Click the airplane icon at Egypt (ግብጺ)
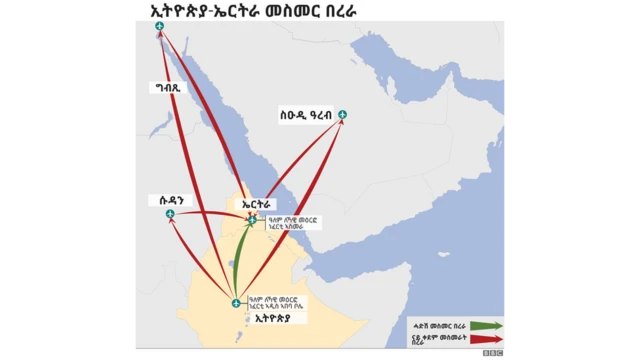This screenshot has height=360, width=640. pyautogui.click(x=160, y=39)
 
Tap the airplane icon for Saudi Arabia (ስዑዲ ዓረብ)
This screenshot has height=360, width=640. pyautogui.click(x=343, y=115)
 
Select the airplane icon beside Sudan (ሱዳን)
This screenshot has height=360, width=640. pyautogui.click(x=170, y=213)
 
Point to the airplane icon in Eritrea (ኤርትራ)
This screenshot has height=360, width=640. pyautogui.click(x=252, y=220)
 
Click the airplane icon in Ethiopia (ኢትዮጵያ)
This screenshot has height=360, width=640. pyautogui.click(x=235, y=303)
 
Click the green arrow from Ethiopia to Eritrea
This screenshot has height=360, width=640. pyautogui.click(x=239, y=262)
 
